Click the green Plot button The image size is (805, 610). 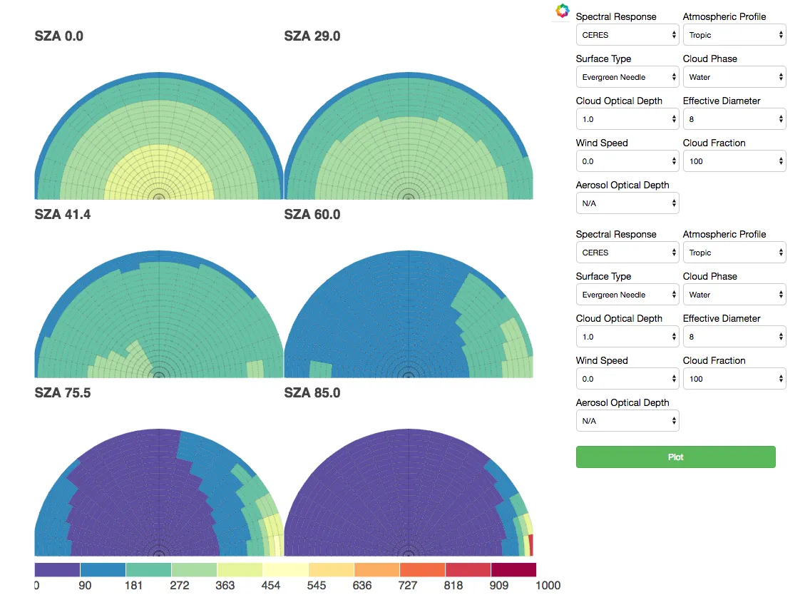tap(675, 457)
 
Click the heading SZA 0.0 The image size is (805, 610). tap(59, 36)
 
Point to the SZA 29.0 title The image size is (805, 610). tap(312, 36)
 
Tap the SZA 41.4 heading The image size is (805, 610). tap(63, 214)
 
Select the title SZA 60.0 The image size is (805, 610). tap(312, 214)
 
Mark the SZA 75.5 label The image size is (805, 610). tap(63, 392)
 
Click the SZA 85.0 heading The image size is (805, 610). tap(312, 392)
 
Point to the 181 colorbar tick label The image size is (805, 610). tap(133, 586)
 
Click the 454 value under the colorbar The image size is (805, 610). tap(270, 586)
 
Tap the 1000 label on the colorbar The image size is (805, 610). tap(548, 586)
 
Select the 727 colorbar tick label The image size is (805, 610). tap(407, 586)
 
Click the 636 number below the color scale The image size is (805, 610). tap(362, 586)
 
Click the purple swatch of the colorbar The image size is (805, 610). tap(57, 569)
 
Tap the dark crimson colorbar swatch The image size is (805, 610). tap(513, 569)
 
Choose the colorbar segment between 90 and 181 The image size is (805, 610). tap(103, 569)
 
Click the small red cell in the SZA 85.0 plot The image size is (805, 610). tap(530, 545)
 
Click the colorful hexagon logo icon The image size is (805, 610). tap(563, 11)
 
